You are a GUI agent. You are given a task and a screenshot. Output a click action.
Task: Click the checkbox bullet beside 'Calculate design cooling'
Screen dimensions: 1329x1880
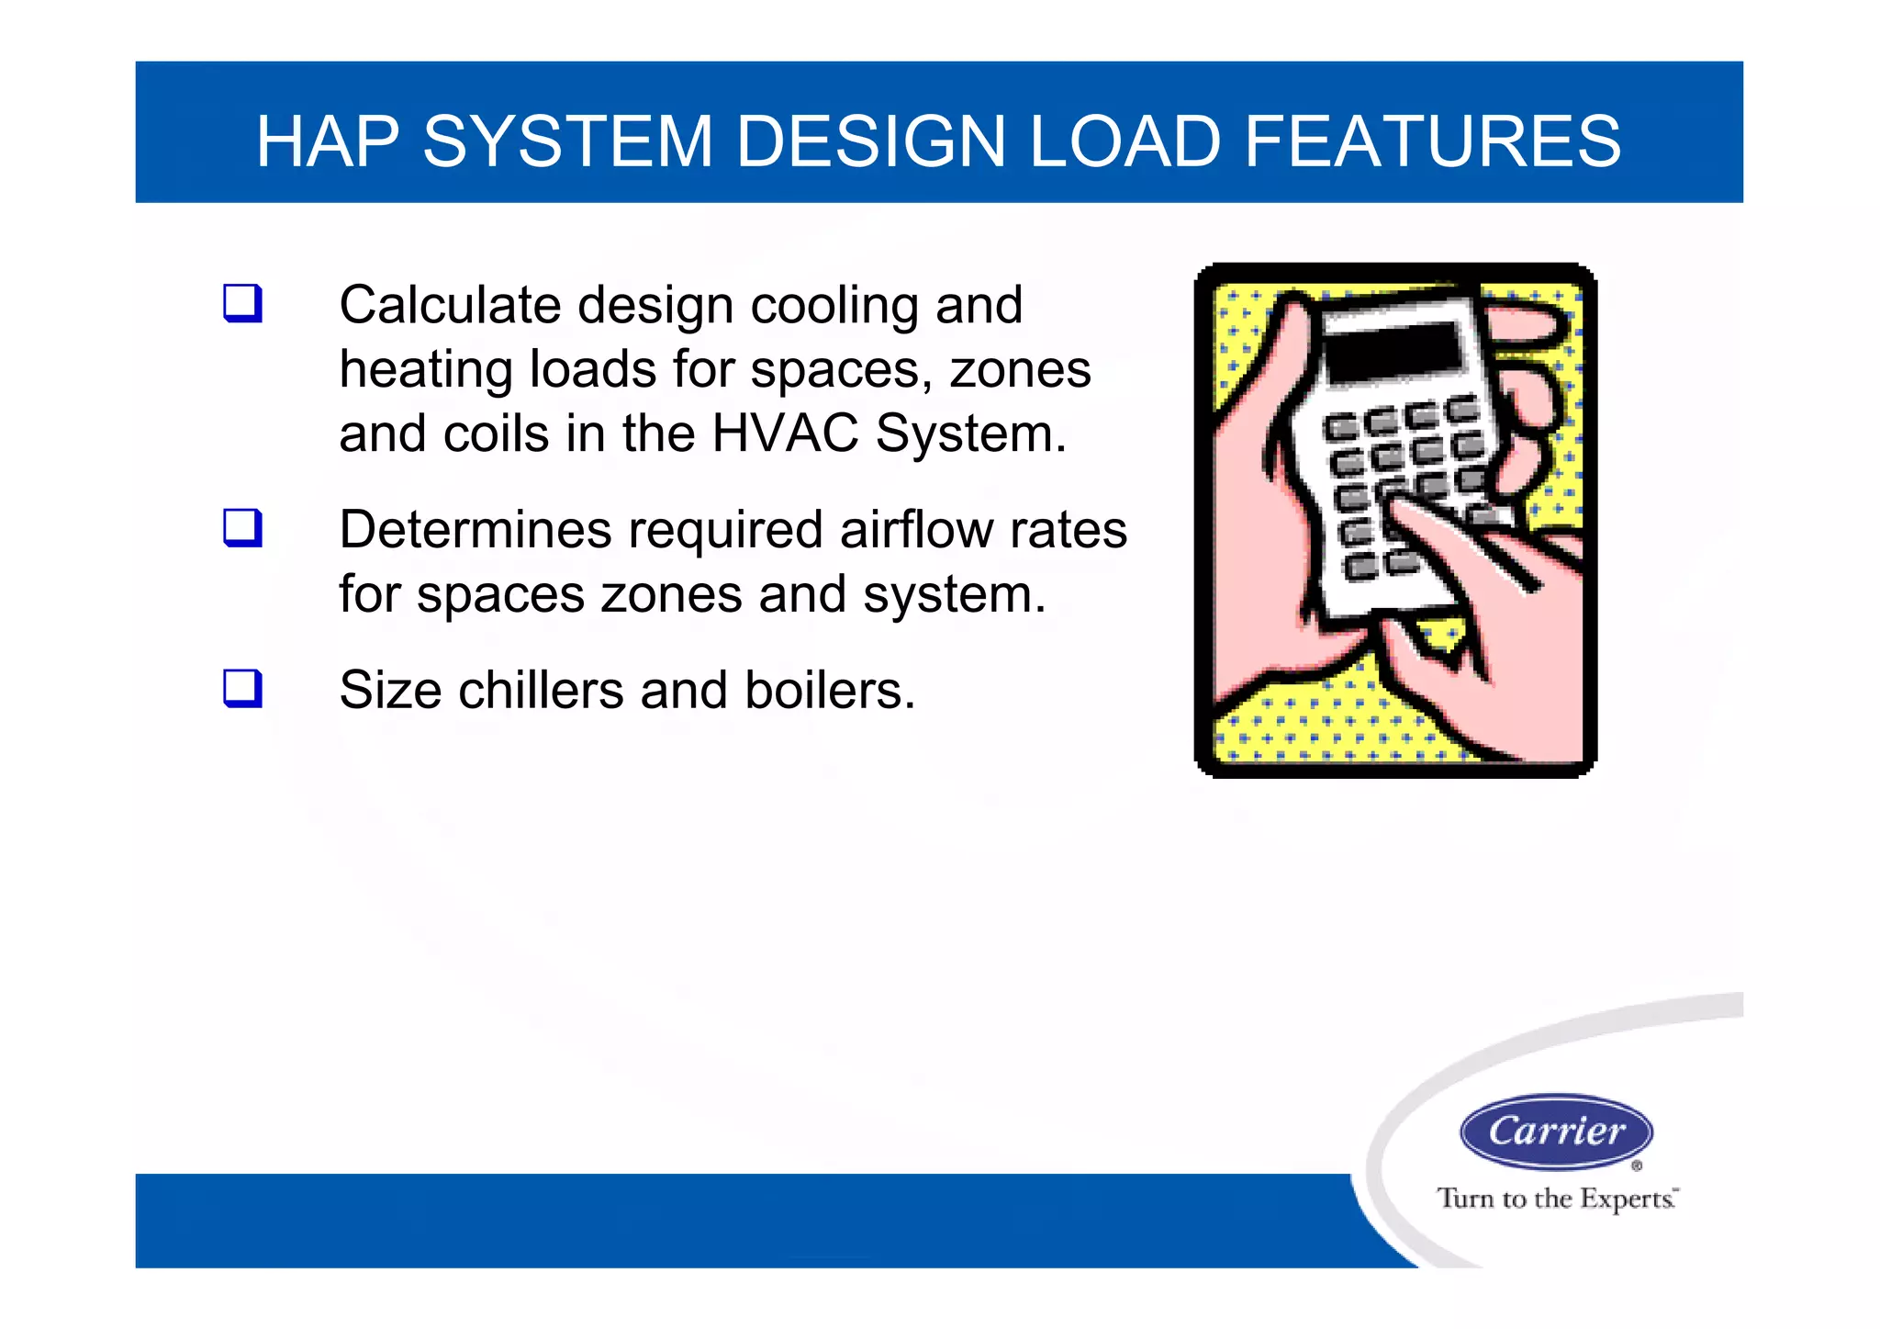pos(242,303)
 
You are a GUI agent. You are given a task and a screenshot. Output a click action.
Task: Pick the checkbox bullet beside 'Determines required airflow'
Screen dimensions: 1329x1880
pos(242,528)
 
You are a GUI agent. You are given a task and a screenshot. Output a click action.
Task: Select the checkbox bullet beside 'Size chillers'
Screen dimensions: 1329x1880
pos(242,688)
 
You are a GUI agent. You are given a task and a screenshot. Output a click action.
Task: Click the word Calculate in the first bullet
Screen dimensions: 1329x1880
pos(449,305)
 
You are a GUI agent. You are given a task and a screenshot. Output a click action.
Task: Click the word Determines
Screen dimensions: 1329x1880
pos(475,530)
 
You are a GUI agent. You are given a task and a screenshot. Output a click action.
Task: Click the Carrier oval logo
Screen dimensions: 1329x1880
pos(1556,1132)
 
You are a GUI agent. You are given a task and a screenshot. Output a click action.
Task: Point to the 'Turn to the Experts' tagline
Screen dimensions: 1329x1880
pos(1556,1199)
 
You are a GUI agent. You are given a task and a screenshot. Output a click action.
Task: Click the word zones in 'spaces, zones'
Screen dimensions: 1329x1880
pos(1020,370)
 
